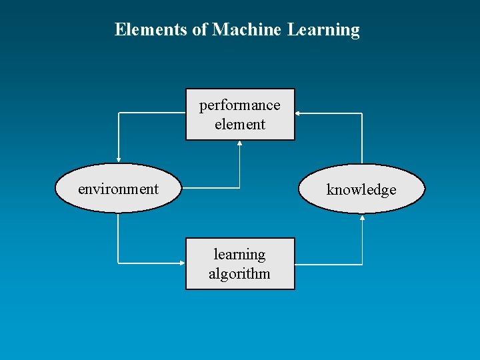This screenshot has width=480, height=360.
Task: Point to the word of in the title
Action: (x=199, y=30)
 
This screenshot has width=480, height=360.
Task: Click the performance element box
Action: (x=240, y=115)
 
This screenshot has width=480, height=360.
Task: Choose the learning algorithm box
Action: (x=240, y=264)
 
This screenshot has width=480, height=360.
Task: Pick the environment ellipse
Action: (x=118, y=189)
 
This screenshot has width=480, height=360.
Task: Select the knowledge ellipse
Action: (x=361, y=189)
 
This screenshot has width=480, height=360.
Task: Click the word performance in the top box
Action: (x=240, y=105)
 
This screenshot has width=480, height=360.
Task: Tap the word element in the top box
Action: (x=240, y=124)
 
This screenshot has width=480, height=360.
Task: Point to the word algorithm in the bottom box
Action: (x=239, y=273)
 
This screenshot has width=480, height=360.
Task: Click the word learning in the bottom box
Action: (x=239, y=254)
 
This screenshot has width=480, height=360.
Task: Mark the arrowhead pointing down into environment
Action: (x=118, y=160)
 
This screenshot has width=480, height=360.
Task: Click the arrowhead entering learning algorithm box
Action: (x=182, y=264)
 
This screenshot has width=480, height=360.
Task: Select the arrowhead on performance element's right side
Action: (x=298, y=114)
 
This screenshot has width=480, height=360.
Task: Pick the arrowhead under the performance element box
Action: (x=240, y=143)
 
